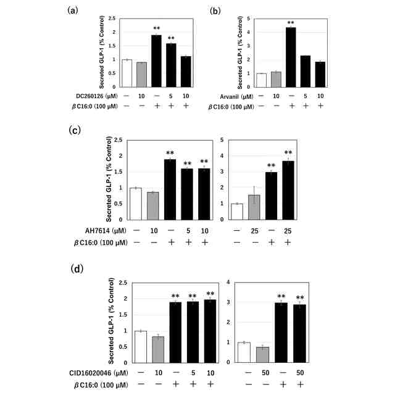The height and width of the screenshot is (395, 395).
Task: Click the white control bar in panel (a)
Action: (127, 73)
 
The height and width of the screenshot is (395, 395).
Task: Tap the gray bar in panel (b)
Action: (276, 80)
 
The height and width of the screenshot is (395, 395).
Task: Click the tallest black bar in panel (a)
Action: (156, 61)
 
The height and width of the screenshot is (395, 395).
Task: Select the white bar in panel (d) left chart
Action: (141, 347)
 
